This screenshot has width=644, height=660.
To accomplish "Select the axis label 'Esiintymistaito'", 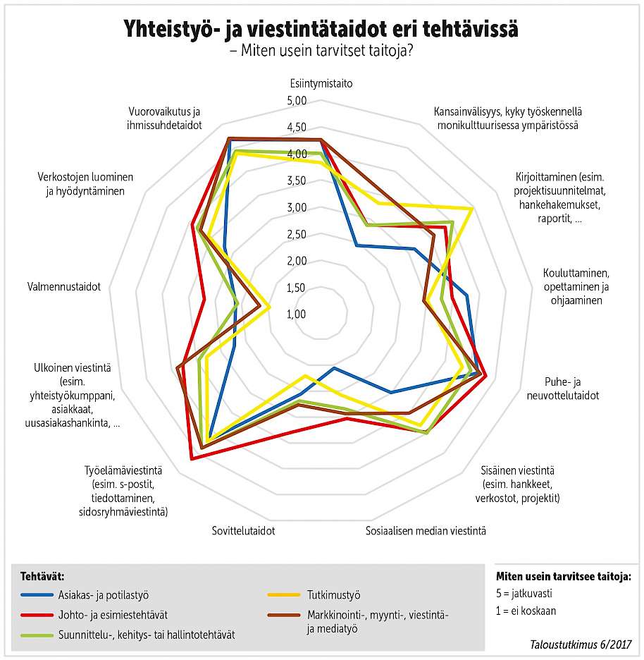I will tap(321, 83).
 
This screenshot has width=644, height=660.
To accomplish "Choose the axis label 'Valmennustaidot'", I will tap(64, 287).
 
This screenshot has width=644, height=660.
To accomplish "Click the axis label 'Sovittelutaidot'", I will tap(243, 530).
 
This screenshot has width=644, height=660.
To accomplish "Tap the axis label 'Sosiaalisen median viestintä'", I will tap(426, 530).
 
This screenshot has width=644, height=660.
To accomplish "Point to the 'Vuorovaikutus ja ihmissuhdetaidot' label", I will tap(166, 118).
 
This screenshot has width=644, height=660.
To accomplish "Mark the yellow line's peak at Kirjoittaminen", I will tap(471, 208).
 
